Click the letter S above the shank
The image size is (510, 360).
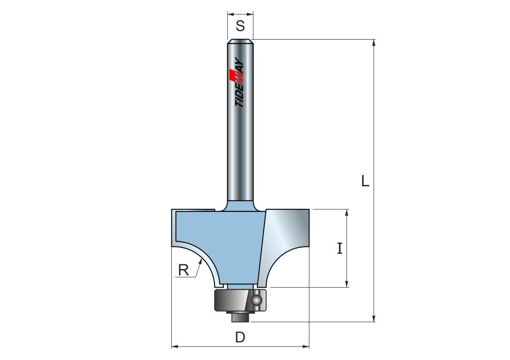tap(240, 26)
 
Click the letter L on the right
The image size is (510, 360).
tap(365, 180)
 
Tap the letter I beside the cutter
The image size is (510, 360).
tap(340, 248)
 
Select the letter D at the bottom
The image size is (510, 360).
tap(240, 337)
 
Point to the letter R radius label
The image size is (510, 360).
tap(183, 270)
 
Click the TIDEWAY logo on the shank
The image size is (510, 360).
tap(240, 83)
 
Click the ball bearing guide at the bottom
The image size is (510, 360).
tap(240, 299)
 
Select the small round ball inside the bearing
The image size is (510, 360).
tap(257, 299)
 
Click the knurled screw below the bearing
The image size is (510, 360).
tap(240, 317)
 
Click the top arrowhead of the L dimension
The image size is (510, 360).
tap(374, 43)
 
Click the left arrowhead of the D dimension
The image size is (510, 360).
tap(175, 346)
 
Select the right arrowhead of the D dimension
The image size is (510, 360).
tap(306, 346)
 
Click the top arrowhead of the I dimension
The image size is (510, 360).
tap(347, 212)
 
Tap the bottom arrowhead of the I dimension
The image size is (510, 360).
tap(347, 284)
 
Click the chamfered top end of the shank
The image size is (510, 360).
tap(240, 41)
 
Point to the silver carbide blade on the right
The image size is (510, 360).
tap(284, 241)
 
